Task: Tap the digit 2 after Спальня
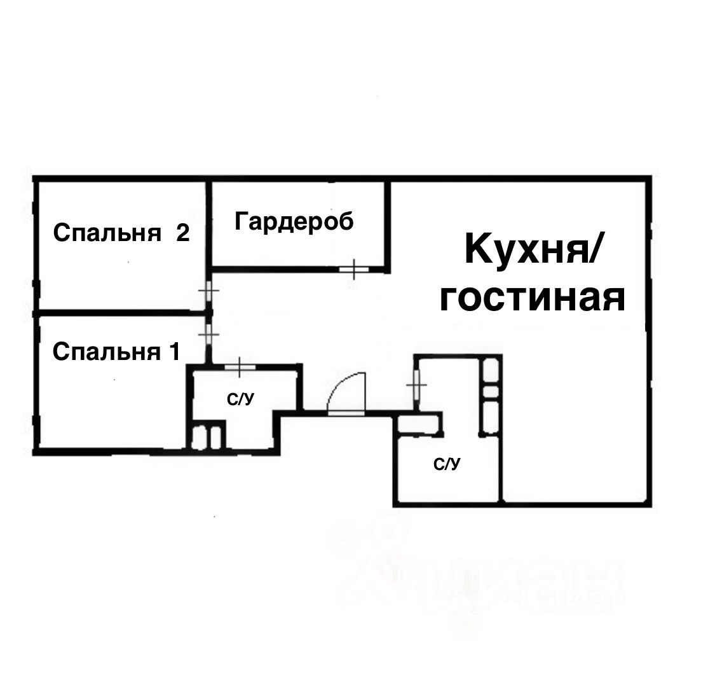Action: tap(182, 233)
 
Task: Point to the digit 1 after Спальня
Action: tap(174, 351)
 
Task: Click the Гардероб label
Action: tap(294, 221)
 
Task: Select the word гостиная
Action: tap(533, 298)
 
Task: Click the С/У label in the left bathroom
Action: tap(241, 400)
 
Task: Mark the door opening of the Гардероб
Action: tap(354, 270)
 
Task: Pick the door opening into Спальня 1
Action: tap(208, 335)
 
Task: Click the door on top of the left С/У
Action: tap(240, 366)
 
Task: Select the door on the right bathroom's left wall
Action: tap(416, 384)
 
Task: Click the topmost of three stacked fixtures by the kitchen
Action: tap(491, 370)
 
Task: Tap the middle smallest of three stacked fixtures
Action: tap(491, 391)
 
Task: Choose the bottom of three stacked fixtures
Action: tap(491, 415)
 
